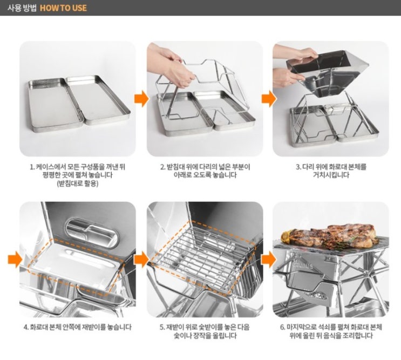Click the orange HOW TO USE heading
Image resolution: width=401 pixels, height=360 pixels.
(x=63, y=8)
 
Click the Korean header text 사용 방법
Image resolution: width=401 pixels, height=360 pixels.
(x=22, y=8)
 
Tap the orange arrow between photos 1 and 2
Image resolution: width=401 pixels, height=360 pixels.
(x=141, y=98)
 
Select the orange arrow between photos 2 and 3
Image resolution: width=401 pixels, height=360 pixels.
(x=269, y=98)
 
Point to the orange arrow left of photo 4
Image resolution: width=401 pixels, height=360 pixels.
(x=15, y=259)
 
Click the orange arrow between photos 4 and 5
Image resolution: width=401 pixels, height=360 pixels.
(x=141, y=259)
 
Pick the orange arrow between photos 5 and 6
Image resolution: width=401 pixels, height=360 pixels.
(x=269, y=259)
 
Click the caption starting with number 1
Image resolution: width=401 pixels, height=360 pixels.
(x=78, y=175)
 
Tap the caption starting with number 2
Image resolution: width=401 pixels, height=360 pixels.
(x=205, y=171)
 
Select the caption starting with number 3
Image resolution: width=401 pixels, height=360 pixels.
(x=331, y=171)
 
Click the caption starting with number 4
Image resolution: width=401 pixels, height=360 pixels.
(x=78, y=327)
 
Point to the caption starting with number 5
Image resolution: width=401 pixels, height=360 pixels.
(x=205, y=331)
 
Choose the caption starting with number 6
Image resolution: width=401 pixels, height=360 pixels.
(x=331, y=331)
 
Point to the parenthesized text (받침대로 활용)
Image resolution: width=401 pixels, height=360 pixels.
(x=78, y=184)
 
